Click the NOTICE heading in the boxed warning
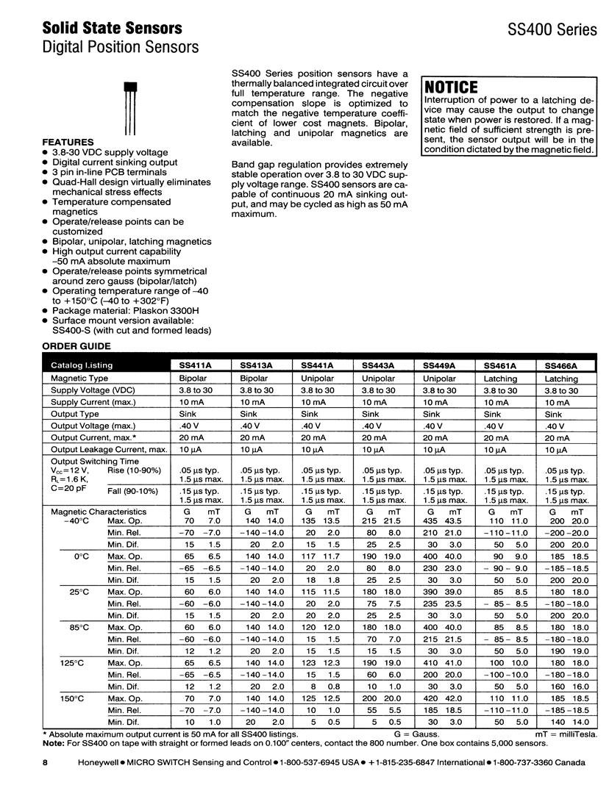point(452,87)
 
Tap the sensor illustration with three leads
point(129,109)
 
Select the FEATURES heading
point(68,142)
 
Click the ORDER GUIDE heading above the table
point(76,345)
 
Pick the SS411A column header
point(195,365)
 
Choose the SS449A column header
point(439,365)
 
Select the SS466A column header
point(561,365)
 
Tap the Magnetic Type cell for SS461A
point(500,379)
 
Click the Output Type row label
point(75,414)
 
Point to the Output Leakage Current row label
point(109,449)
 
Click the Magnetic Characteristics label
point(99,511)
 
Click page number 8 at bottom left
point(45,763)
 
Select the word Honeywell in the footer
point(100,763)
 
